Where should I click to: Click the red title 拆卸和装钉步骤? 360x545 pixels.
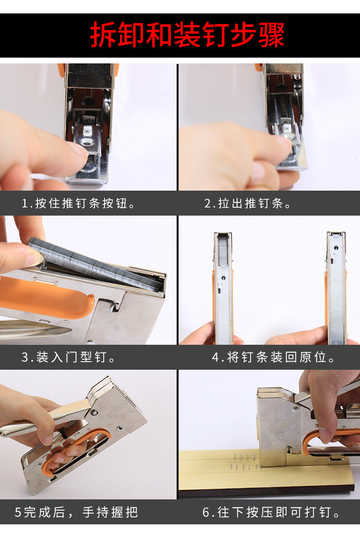[x=187, y=35]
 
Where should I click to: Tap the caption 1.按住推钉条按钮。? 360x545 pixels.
[x=79, y=203]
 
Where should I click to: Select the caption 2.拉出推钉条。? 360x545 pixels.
[x=248, y=203]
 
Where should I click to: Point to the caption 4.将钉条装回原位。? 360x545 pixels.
[x=274, y=357]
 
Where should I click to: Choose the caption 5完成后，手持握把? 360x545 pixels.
[x=76, y=512]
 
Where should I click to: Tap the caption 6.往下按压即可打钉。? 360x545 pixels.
[x=272, y=512]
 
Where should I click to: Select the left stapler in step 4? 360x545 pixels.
[x=223, y=288]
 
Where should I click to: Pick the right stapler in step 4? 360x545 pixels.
[x=336, y=288]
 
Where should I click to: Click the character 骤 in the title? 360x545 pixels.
[x=271, y=35]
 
